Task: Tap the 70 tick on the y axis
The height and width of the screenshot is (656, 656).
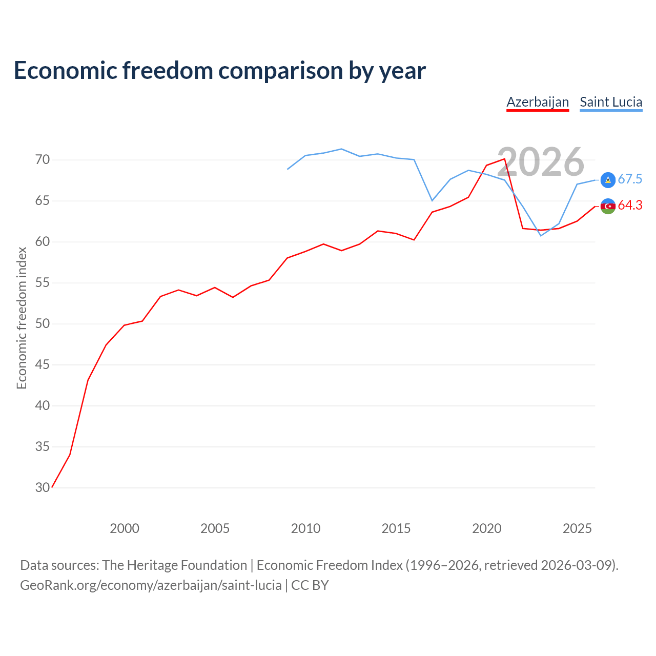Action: click(x=42, y=160)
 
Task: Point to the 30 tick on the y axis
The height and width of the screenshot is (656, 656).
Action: click(x=42, y=487)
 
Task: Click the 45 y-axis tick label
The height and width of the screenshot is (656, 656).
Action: click(x=42, y=364)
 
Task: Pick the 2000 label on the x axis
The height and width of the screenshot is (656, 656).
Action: click(x=124, y=529)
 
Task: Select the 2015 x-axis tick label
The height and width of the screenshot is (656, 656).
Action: click(x=396, y=529)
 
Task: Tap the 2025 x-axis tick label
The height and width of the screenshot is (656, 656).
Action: click(x=577, y=529)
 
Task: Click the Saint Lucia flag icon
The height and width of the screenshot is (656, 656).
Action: click(x=608, y=180)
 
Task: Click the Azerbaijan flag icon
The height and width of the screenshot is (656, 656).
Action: click(x=608, y=207)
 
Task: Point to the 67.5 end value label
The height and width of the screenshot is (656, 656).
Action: click(x=630, y=179)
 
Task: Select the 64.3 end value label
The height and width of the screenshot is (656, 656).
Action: click(x=630, y=206)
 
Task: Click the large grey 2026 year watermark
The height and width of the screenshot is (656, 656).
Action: click(x=541, y=162)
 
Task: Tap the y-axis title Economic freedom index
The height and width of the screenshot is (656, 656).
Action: click(x=22, y=318)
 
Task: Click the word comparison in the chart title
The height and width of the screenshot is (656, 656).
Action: click(x=280, y=71)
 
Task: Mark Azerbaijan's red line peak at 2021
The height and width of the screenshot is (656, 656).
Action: click(x=504, y=159)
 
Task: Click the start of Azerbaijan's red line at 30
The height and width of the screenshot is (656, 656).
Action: click(x=52, y=487)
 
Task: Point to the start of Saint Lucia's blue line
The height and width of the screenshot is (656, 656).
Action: click(x=288, y=169)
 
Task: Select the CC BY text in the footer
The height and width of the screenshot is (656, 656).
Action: click(x=310, y=586)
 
